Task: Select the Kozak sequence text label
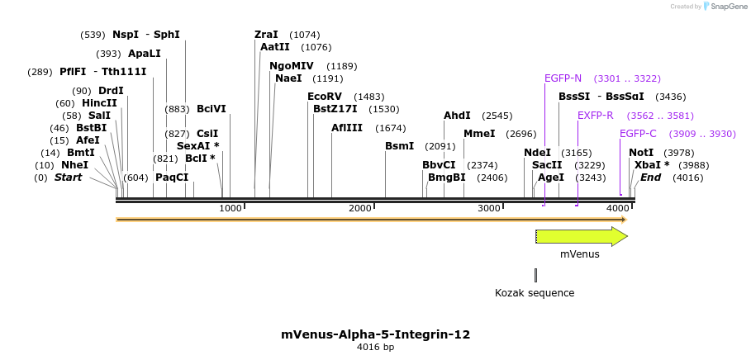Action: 535,292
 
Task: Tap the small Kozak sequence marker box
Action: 535,275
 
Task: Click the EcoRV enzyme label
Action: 324,97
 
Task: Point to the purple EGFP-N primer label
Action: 563,78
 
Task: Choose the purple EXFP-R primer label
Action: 595,116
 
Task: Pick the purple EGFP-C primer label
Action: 638,134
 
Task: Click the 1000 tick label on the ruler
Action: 231,208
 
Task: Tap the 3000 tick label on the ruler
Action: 489,208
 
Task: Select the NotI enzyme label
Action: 640,153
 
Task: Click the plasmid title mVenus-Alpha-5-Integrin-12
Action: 375,334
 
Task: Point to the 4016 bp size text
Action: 375,348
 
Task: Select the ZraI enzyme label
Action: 266,35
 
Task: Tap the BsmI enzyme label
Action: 399,146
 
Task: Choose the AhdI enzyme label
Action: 457,116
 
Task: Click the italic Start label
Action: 68,178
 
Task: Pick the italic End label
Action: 650,178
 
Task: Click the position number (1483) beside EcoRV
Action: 368,97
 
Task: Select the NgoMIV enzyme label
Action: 292,66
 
